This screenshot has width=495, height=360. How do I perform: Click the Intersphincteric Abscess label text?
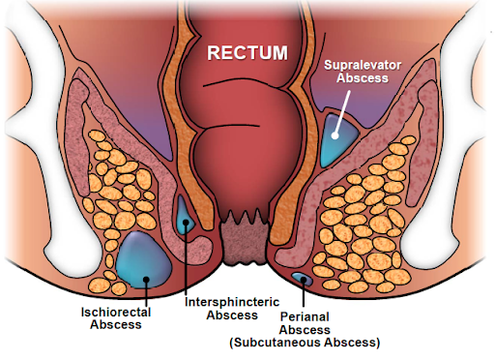point(221,308)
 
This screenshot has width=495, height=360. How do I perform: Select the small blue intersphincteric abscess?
point(184,215)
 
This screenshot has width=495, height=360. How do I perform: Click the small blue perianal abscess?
point(301,279)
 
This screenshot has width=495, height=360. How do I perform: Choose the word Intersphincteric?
point(221,301)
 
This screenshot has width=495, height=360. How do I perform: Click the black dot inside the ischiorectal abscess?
point(145,283)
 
